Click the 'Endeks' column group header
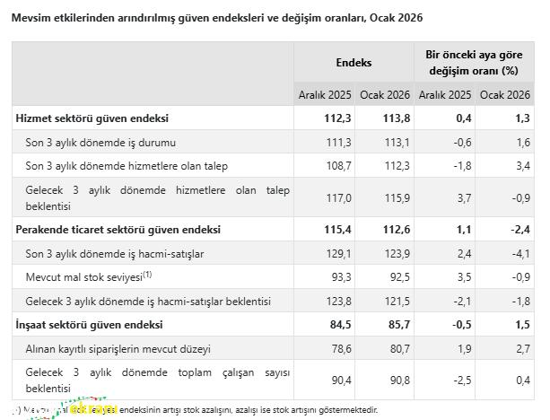pyautogui.click(x=354, y=63)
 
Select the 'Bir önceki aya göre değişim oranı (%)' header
pyautogui.click(x=474, y=63)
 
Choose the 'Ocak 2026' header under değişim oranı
pyautogui.click(x=504, y=94)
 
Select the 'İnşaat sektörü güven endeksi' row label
pyautogui.click(x=89, y=324)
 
